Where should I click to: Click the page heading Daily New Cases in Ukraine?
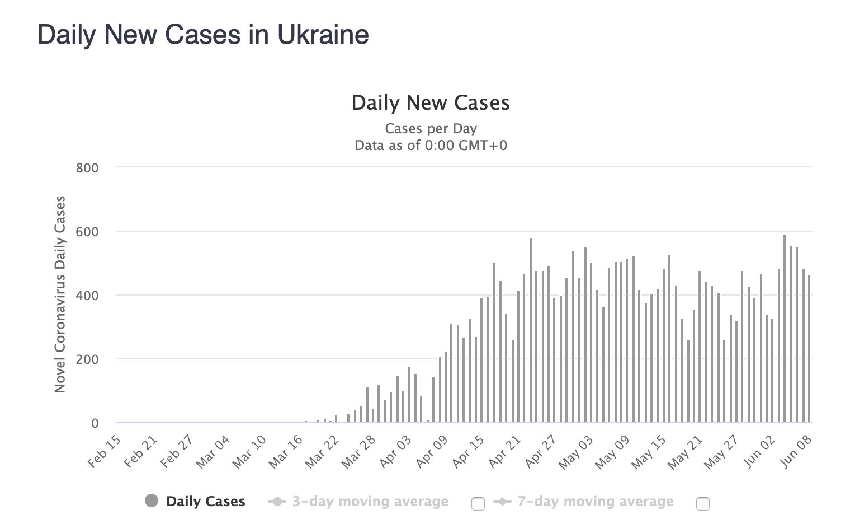pos(203,35)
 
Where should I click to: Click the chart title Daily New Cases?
pos(431,103)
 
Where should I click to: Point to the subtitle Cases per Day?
pos(431,129)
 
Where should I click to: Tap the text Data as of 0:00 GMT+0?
pos(431,146)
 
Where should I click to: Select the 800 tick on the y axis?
pos(87,168)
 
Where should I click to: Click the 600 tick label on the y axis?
pos(87,232)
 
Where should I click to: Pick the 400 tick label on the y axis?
pos(87,296)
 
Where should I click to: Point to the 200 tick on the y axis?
pos(87,359)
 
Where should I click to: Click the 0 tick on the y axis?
pos(95,424)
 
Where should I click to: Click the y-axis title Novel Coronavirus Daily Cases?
pos(60,294)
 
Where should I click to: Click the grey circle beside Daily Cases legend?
pos(152,501)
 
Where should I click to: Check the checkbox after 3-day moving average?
pos(478,504)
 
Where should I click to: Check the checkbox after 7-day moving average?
pos(703,504)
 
